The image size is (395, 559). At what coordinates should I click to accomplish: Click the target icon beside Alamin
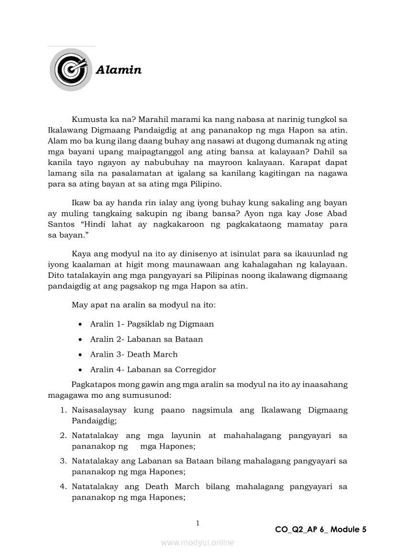[71, 70]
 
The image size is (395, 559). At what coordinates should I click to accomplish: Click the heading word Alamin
[119, 70]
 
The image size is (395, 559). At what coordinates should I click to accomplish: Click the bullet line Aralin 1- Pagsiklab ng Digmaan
[152, 324]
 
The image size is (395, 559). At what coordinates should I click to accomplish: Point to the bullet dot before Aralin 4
[80, 370]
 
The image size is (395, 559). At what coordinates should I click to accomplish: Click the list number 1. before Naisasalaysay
[63, 410]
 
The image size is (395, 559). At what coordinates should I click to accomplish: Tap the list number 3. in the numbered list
[63, 461]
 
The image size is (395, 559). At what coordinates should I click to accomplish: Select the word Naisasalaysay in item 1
[99, 410]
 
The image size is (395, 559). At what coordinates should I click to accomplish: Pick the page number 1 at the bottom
[197, 523]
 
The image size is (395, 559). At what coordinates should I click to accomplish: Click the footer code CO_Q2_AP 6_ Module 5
[320, 529]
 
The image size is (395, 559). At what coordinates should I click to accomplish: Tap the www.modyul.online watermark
[197, 543]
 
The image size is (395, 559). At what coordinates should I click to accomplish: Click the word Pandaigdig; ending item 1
[94, 421]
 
